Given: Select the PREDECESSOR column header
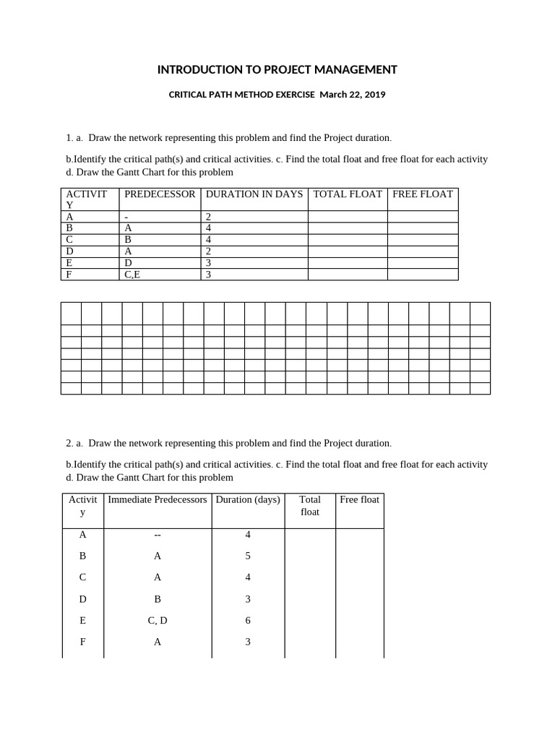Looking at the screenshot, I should pos(160,194).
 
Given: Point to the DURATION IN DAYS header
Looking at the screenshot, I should pos(254,194).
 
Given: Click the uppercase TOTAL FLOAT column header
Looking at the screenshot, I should pos(348,194).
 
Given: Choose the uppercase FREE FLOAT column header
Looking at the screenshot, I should pos(423,194).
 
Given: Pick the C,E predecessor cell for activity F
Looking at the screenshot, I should pos(133,275).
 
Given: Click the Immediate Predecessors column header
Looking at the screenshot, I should pos(158,499).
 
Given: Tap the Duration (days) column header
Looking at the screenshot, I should pos(248,499).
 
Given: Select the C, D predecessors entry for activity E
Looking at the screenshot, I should pos(158,620).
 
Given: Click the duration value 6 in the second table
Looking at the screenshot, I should pos(248,620).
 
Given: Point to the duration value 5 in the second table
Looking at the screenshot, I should pos(248,556).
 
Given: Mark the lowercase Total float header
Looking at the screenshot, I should pos(310,505).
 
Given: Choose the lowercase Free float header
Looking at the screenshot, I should pos(360,499).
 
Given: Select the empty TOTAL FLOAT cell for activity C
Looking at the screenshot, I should pos(348,240).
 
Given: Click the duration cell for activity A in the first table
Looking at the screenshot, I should pos(254,217).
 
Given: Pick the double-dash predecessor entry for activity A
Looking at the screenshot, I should pos(158,535).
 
